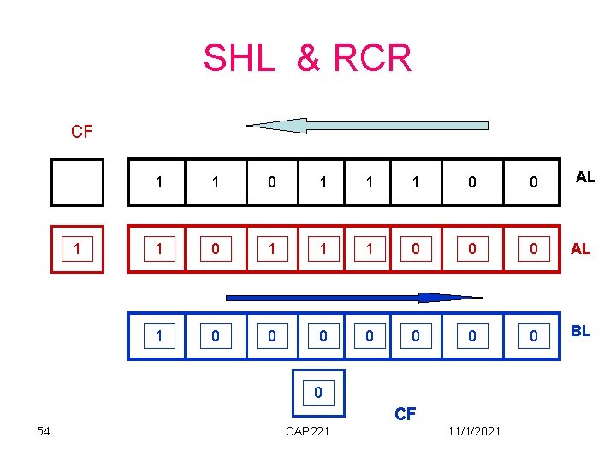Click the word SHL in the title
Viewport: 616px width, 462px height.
[240, 58]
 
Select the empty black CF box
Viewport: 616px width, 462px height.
[77, 182]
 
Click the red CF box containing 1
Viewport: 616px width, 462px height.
[77, 250]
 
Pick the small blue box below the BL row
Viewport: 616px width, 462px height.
[318, 393]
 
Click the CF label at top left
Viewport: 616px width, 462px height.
[82, 133]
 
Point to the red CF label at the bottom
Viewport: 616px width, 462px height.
[405, 414]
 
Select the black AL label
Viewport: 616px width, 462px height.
[585, 178]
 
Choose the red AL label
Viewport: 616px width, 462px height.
[580, 249]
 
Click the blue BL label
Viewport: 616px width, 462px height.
[580, 331]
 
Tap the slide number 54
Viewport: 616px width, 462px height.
[44, 431]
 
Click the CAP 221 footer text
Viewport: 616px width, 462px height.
[307, 431]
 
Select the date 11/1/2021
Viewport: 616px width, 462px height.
[473, 431]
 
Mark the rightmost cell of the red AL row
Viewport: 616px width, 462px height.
[533, 250]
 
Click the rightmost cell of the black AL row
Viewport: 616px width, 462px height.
[533, 182]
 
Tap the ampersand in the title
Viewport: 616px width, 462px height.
[307, 58]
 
